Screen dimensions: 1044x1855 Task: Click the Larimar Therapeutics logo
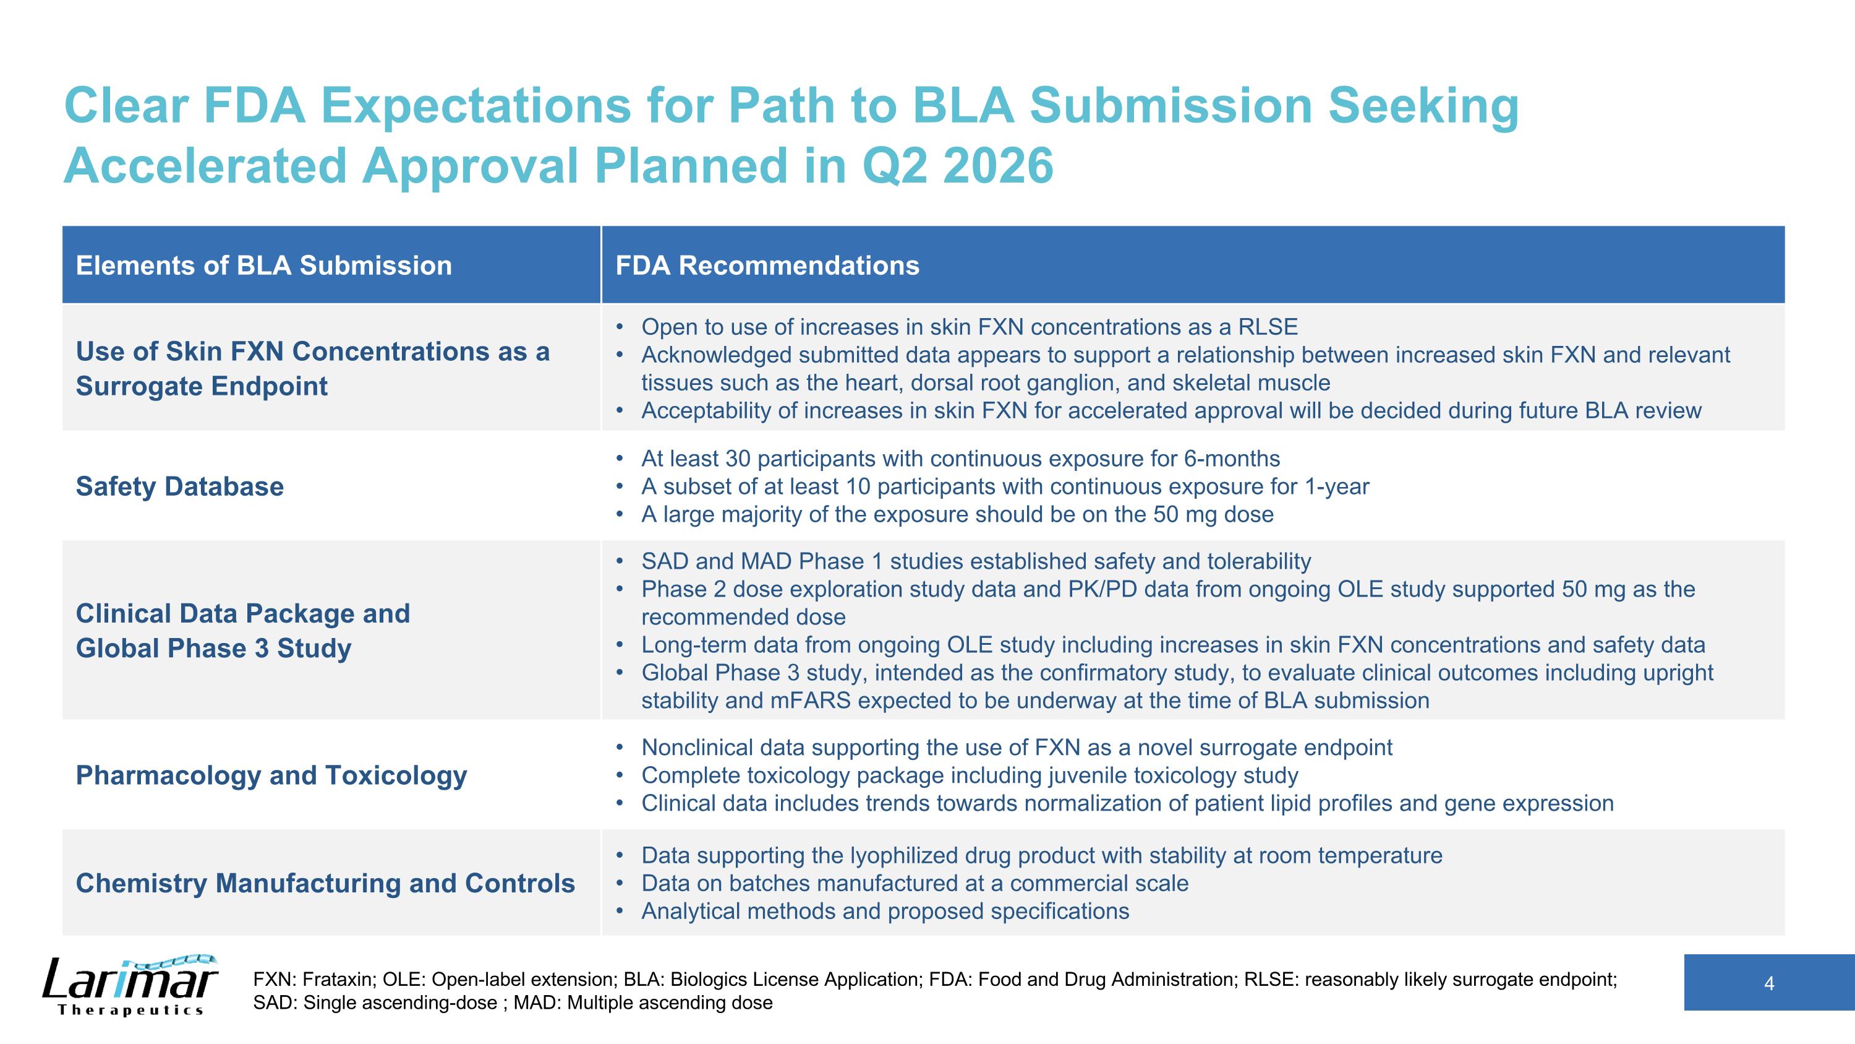click(x=130, y=984)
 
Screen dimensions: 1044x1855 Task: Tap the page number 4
click(x=1768, y=983)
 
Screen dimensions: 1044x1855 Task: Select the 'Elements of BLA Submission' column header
click(x=263, y=265)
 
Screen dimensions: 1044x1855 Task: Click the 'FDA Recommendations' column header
click(x=767, y=265)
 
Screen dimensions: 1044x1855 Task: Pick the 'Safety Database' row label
click(x=179, y=486)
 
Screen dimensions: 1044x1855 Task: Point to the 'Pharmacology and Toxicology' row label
click(x=271, y=775)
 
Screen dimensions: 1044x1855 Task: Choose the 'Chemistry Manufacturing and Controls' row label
click(x=325, y=883)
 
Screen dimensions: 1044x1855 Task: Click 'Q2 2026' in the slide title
click(x=957, y=166)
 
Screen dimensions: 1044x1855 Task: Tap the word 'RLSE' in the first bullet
click(x=1268, y=327)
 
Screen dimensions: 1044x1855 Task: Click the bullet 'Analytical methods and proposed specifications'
click(x=885, y=912)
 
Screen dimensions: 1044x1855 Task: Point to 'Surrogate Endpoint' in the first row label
click(x=202, y=386)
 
